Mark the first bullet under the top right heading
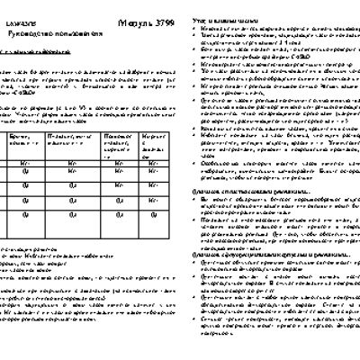[x=270, y=28]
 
